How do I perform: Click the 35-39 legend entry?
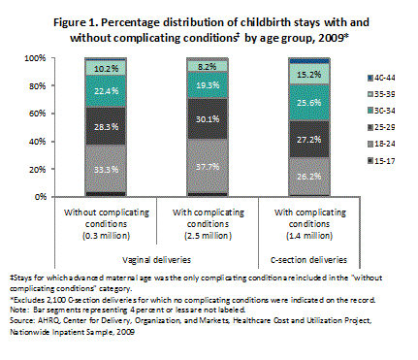coord(385,98)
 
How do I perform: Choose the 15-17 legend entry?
coord(385,159)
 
